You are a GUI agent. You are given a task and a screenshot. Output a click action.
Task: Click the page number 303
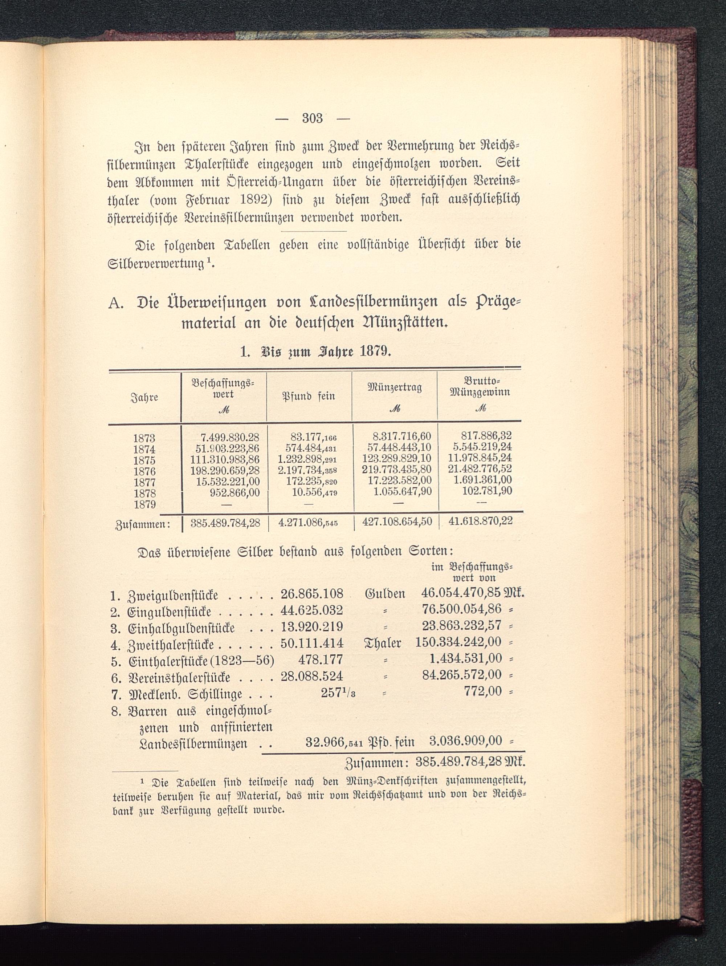click(312, 118)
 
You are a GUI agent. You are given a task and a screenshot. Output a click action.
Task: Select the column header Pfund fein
click(309, 396)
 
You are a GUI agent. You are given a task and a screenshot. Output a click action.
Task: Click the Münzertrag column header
click(395, 388)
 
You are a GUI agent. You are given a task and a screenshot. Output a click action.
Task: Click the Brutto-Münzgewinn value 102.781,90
click(487, 491)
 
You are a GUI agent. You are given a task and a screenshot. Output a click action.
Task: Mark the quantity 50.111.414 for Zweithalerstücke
click(312, 643)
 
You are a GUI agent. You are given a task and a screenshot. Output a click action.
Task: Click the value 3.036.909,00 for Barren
click(465, 741)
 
